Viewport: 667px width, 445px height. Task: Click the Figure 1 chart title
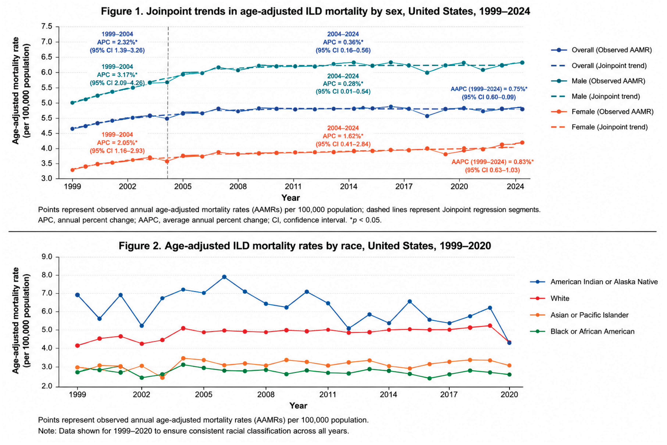tap(315, 11)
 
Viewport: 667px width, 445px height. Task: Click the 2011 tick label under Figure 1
tap(293, 186)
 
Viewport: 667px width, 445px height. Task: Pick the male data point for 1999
tap(72, 103)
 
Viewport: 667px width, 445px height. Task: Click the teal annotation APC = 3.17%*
tap(117, 75)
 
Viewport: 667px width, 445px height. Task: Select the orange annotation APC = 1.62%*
tap(343, 136)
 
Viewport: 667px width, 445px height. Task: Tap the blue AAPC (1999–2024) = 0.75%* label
tap(489, 89)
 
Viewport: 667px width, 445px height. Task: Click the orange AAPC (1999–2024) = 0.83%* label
tap(493, 162)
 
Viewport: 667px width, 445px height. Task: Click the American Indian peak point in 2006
tap(224, 277)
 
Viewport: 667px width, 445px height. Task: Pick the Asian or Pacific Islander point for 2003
tap(162, 378)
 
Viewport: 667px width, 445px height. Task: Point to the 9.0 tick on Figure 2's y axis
tap(47, 257)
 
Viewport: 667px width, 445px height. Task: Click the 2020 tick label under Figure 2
tap(509, 394)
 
